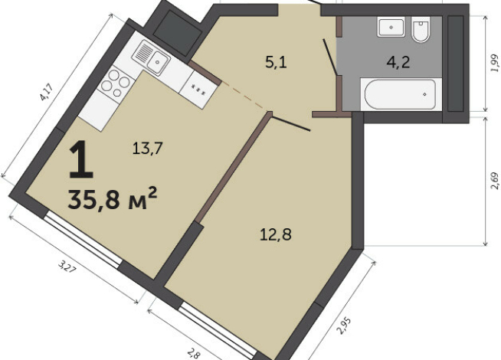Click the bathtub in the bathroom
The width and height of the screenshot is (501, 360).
tap(398, 96)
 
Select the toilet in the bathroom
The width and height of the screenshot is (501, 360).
tap(421, 31)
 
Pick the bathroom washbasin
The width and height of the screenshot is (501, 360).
tap(391, 27)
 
